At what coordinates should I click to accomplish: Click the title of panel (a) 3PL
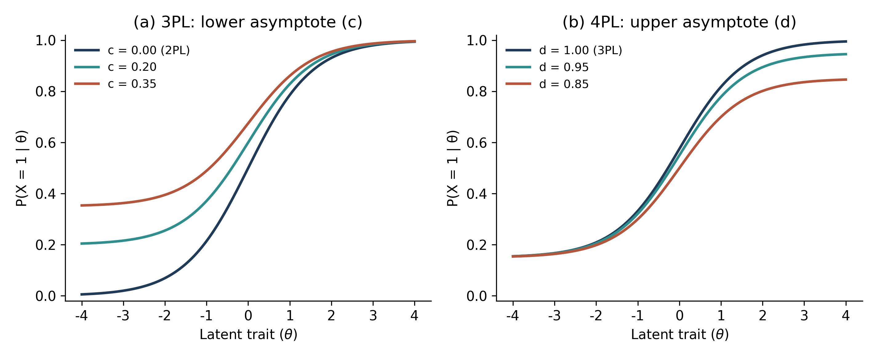click(248, 22)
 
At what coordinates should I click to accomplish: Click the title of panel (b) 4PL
click(679, 22)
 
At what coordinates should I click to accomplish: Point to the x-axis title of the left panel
click(249, 334)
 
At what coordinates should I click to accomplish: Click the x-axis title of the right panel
click(680, 334)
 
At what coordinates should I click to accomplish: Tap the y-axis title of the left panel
click(22, 168)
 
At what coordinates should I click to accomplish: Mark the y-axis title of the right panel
click(453, 168)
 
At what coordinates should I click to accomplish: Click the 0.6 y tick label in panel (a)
click(46, 143)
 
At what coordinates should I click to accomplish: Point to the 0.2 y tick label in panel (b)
click(477, 245)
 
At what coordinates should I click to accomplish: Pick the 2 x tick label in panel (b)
click(763, 316)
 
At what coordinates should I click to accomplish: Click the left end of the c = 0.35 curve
click(81, 206)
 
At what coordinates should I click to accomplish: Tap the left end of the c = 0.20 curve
click(81, 244)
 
